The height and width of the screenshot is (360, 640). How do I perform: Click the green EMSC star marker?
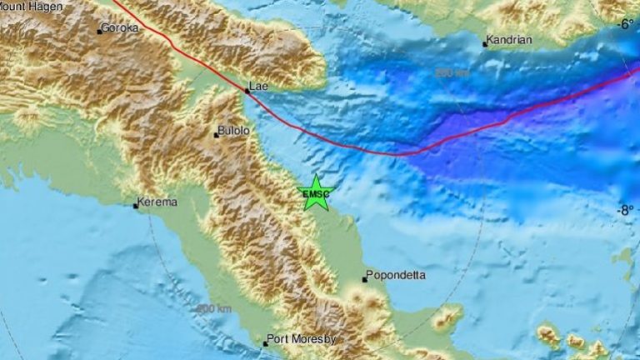click(x=316, y=192)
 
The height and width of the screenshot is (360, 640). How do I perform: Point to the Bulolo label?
click(x=232, y=131)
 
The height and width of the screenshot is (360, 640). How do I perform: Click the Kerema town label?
click(x=159, y=202)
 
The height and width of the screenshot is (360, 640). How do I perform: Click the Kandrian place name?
click(x=511, y=40)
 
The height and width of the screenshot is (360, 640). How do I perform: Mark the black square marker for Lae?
click(x=247, y=90)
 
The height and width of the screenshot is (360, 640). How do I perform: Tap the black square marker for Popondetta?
click(x=365, y=279)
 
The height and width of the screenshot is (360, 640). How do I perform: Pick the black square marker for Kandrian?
click(x=485, y=44)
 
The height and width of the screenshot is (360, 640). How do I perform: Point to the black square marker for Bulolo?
click(x=216, y=135)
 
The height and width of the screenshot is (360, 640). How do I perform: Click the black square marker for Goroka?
click(x=99, y=32)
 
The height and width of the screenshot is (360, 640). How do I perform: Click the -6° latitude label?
click(x=626, y=24)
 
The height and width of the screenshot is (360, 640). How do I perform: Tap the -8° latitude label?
click(x=626, y=210)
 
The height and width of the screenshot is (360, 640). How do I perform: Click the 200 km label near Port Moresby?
click(x=209, y=309)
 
